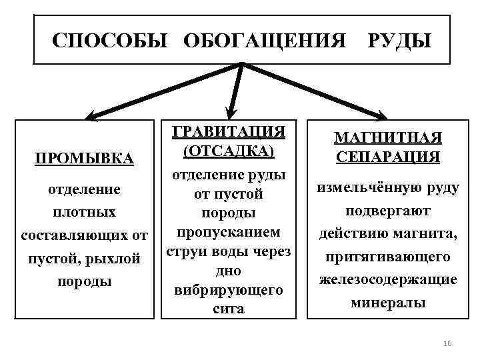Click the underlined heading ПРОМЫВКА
85,159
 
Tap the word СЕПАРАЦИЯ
387,157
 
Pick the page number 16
447,343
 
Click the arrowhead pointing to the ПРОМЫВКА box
90,114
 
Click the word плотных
85,212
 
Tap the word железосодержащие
387,279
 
